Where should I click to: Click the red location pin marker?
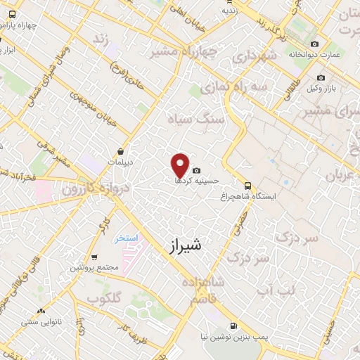pos(181,165)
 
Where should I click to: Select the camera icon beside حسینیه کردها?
pos(195,170)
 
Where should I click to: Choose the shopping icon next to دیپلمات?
pos(121,151)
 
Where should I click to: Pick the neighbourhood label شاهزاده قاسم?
pos(208,290)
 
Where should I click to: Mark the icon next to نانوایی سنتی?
pos(42,311)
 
